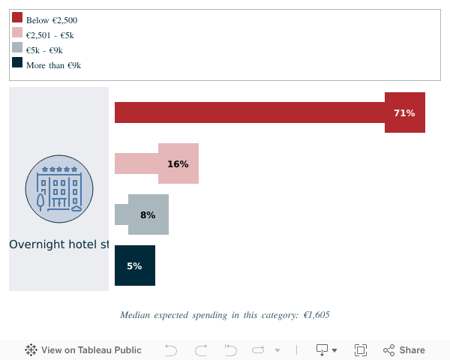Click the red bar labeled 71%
tap(247, 112)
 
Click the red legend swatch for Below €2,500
tap(17, 17)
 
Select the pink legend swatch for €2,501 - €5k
tap(17, 32)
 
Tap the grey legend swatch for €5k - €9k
tap(17, 47)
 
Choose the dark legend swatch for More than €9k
tap(17, 62)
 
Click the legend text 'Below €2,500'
tap(52, 20)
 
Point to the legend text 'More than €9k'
tap(53, 65)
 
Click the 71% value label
tap(404, 112)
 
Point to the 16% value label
tap(178, 163)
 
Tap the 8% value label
tap(148, 215)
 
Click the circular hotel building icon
tap(59, 188)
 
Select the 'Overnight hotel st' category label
tap(59, 244)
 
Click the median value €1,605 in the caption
tap(316, 315)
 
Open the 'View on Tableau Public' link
tap(83, 350)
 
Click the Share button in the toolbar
tap(404, 350)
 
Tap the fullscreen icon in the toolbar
tap(361, 350)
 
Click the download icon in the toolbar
tap(323, 350)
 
